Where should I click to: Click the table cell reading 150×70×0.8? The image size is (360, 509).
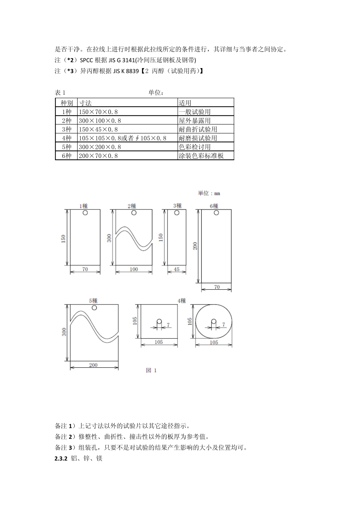[98, 112]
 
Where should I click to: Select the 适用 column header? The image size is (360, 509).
[185, 103]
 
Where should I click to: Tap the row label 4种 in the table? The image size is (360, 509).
[67, 138]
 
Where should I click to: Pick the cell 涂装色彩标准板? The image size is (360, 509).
[201, 156]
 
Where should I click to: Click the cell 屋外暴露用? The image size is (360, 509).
[195, 120]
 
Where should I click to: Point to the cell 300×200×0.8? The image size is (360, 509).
[100, 147]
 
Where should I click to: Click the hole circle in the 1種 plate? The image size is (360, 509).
[85, 213]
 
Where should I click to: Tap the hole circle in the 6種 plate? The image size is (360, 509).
[216, 213]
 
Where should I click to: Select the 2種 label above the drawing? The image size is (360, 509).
[131, 206]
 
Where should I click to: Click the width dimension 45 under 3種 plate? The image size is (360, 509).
[177, 269]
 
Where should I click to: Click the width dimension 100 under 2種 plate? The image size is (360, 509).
[134, 269]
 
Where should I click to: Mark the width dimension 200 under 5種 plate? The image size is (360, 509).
[93, 365]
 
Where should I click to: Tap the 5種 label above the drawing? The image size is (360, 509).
[93, 300]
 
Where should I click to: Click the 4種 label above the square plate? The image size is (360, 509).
[182, 301]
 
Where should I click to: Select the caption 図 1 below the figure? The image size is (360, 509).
[151, 370]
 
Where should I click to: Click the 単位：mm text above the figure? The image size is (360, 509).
[209, 193]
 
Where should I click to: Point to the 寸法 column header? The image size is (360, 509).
[85, 103]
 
